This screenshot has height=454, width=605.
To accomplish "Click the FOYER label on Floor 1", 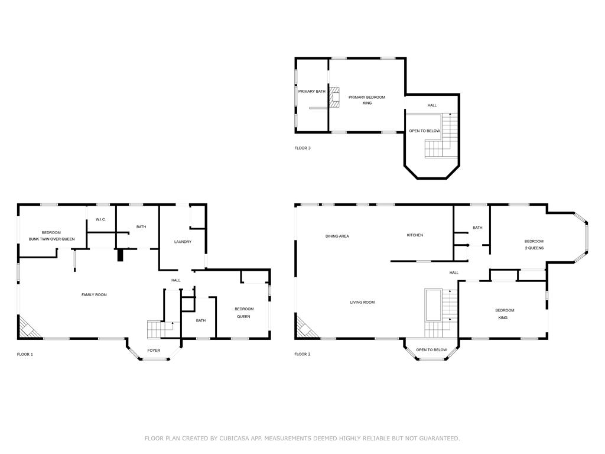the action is pos(154,351).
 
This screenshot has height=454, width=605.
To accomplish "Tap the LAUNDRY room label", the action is pos(183,242).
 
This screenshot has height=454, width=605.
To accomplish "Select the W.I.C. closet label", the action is pos(100,220).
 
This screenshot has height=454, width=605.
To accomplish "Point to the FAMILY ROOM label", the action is pos(94,295).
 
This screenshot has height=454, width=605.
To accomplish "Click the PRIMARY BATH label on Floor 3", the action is pos(312,92).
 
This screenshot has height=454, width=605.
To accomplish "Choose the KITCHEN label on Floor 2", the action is pos(415,235).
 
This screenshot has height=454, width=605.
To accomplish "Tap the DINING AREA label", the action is pos(337,236).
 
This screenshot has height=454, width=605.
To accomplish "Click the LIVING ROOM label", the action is pos(362,303).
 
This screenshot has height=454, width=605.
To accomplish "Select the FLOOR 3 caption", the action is pos(302,148).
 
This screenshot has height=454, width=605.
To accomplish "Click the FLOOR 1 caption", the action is pos(25,355).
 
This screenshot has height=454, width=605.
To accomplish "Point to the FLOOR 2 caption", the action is pos(302,355).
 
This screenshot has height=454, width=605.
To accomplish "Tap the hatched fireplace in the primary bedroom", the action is pos(334,98).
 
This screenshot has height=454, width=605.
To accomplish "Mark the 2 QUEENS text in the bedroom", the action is pos(534,248).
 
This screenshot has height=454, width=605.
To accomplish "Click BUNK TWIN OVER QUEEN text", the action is pos(52,239).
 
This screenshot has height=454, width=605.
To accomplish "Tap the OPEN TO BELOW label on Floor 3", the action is pos(424,131).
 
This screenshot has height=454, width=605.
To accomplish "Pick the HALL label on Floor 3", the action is pos(432,105).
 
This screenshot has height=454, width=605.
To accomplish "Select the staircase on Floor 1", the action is pos(160,329).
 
